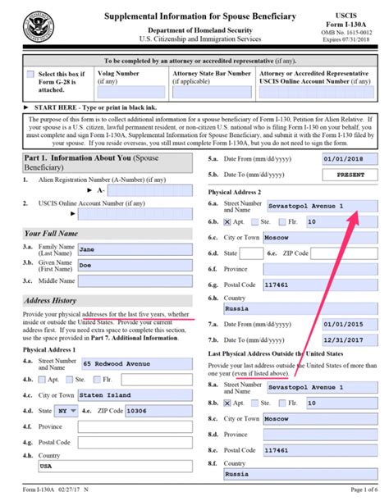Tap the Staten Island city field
[136, 395]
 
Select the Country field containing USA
[136, 468]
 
